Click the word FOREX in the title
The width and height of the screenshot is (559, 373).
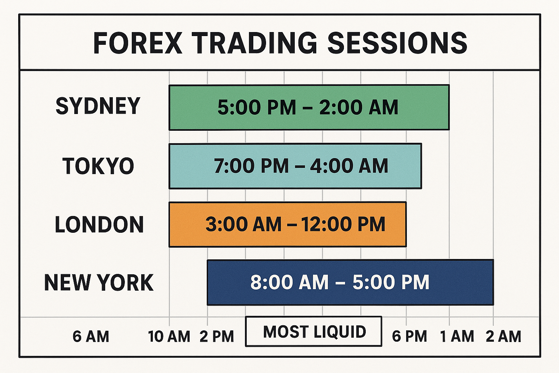138,43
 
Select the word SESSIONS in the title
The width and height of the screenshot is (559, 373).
397,43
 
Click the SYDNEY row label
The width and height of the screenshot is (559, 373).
98,106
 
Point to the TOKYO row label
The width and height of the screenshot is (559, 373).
98,166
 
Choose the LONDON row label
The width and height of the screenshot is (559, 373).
99,224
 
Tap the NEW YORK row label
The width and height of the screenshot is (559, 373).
99,283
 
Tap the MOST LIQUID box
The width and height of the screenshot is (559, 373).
314,331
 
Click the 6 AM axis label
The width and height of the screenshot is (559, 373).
91,336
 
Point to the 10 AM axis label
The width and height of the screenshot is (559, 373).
169,336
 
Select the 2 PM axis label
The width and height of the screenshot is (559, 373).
217,336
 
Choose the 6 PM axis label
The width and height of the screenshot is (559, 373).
409,336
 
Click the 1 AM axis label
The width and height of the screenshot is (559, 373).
457,336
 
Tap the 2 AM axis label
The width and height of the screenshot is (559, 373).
504,336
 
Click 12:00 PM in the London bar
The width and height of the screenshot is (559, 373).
343,224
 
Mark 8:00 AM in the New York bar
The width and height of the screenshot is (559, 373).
290,283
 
